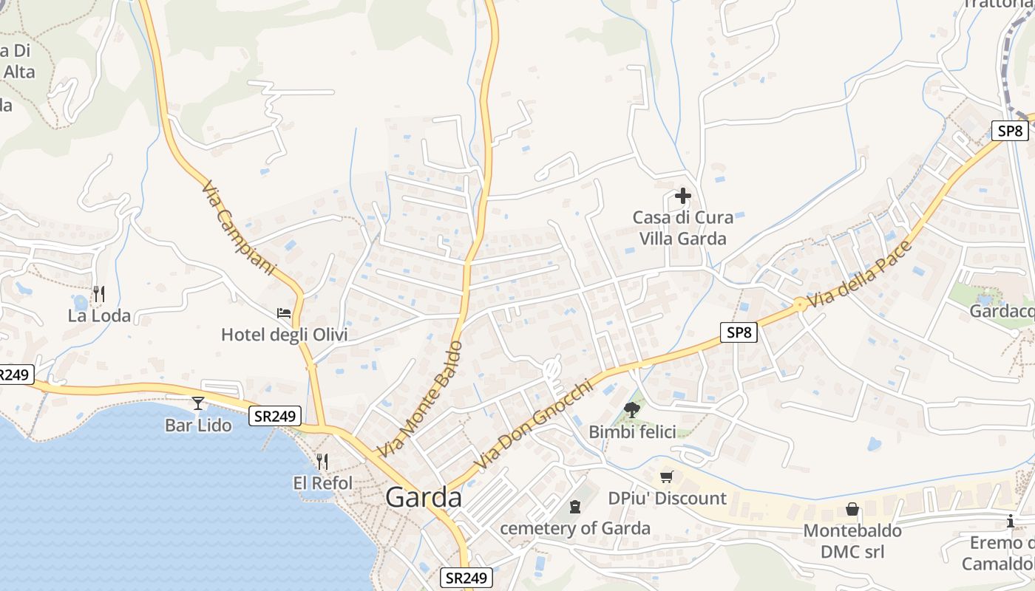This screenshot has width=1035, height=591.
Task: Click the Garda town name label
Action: [x=424, y=498]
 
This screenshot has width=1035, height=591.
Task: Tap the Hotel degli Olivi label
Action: [x=284, y=335]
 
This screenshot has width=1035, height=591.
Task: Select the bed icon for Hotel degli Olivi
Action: [x=284, y=313]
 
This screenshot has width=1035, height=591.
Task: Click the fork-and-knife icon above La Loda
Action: [x=99, y=294]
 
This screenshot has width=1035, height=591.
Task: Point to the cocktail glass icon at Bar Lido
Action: [x=198, y=403]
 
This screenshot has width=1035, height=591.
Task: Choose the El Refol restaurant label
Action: [x=323, y=483]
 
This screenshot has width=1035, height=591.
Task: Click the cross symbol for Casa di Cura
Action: [x=682, y=197]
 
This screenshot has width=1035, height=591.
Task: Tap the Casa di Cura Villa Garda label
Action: [x=682, y=228]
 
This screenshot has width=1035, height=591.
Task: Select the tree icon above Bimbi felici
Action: [x=631, y=410]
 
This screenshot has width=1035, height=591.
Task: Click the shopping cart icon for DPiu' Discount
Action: [x=667, y=476]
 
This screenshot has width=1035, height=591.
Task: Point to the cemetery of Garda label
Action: [x=575, y=528]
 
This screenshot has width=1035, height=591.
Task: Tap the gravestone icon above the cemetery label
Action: [x=575, y=507]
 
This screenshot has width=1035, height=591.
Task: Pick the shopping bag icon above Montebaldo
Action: [x=852, y=510]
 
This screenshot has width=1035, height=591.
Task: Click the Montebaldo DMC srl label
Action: [x=852, y=541]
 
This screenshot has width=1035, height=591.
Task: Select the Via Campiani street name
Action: [x=238, y=229]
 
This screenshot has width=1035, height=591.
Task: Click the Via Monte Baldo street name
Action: [x=420, y=399]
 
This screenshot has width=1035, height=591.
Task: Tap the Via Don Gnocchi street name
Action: [x=535, y=425]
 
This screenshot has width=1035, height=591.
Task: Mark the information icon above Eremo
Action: [x=1011, y=522]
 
